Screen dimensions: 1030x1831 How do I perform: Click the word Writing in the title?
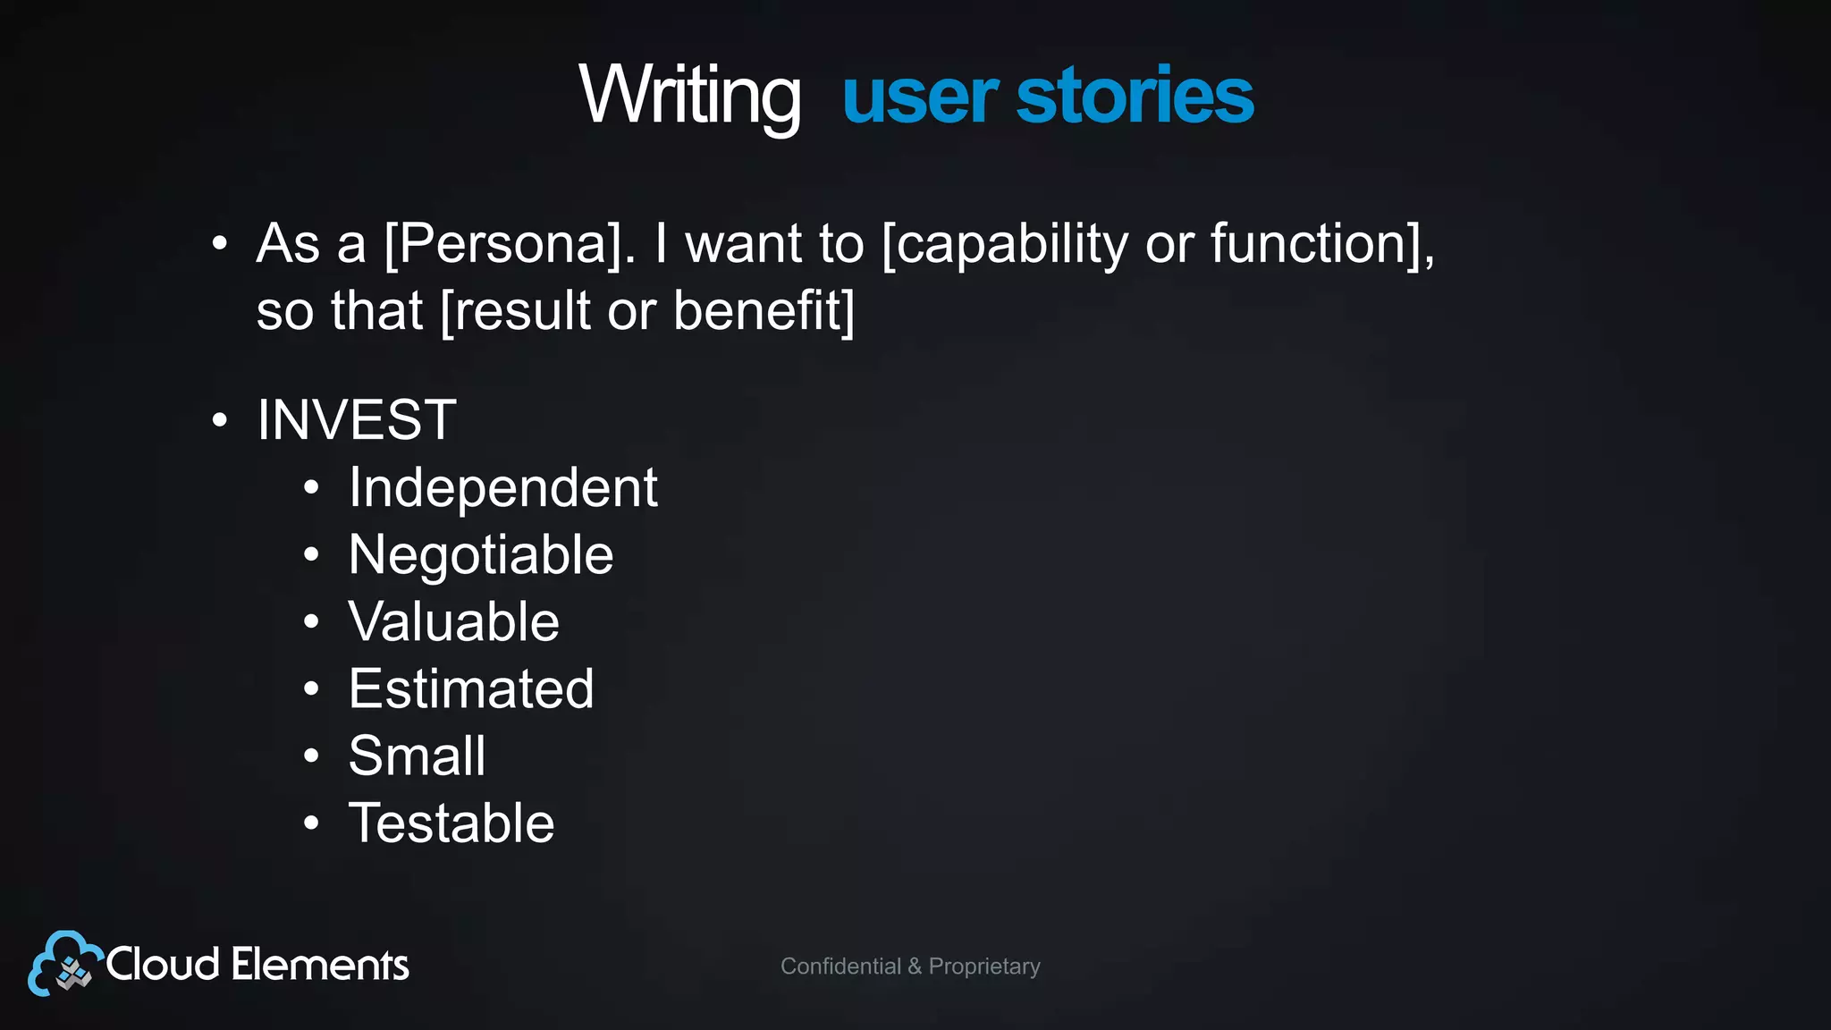point(689,97)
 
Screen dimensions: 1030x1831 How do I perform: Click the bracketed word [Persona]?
point(510,243)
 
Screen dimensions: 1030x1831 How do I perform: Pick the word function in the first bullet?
point(1310,243)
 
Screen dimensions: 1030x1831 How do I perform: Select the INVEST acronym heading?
point(357,419)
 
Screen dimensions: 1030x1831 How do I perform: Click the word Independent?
point(502,488)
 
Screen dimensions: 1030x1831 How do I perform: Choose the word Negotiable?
point(481,555)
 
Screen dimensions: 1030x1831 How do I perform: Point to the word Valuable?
point(453,621)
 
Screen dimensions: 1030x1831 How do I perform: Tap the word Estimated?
point(471,688)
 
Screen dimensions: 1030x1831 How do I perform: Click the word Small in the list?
point(417,756)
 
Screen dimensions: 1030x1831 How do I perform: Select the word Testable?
point(451,823)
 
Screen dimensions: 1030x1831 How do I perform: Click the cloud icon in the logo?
point(63,964)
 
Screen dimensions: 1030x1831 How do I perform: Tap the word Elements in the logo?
point(319,965)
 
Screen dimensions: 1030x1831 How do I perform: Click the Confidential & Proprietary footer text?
point(910,967)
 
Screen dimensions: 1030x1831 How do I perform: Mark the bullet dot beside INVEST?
point(220,420)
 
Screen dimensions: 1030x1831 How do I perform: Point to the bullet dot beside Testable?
point(311,823)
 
